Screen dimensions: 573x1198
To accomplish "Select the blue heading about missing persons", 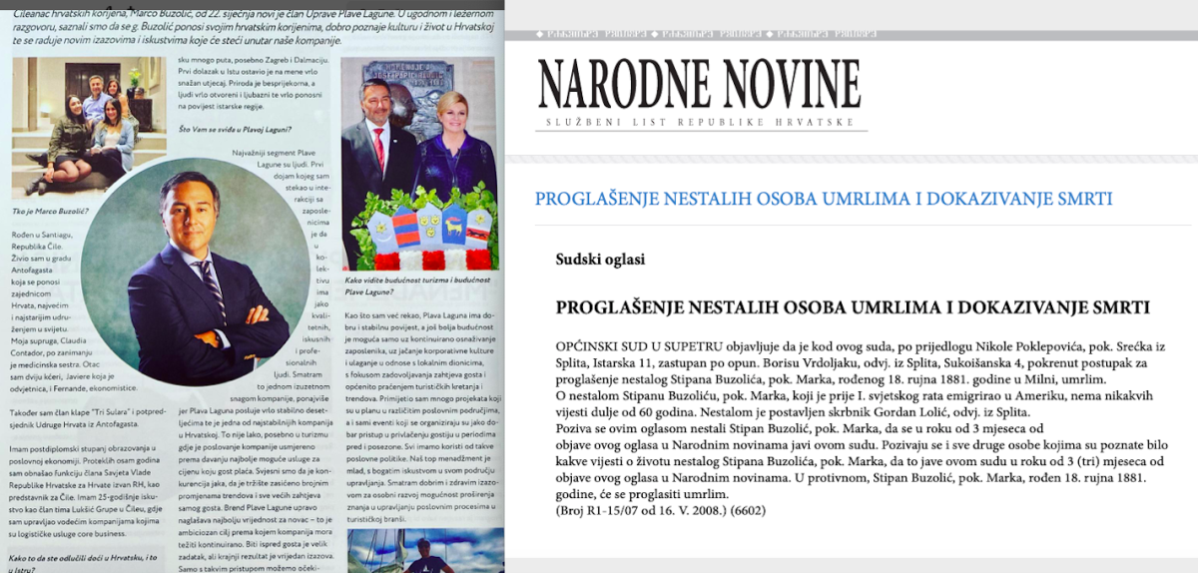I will click(x=824, y=199).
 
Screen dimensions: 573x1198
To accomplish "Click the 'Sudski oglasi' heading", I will click(x=600, y=260).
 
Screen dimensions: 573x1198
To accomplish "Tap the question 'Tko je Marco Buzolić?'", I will click(x=50, y=212).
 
